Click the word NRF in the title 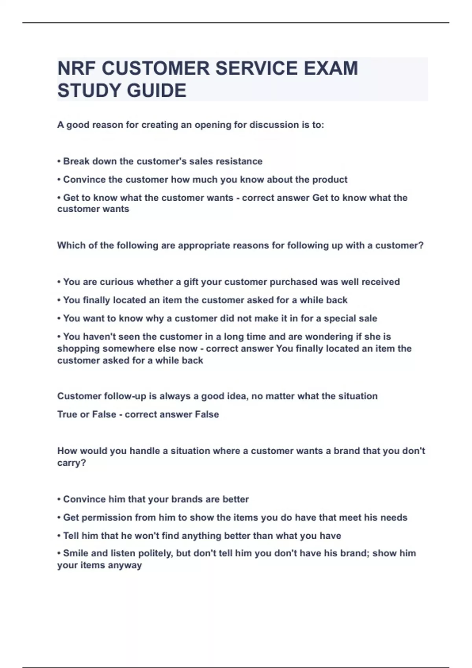pos(77,68)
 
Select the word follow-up pos(124,396)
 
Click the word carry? pos(72,463)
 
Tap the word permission pos(107,518)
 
